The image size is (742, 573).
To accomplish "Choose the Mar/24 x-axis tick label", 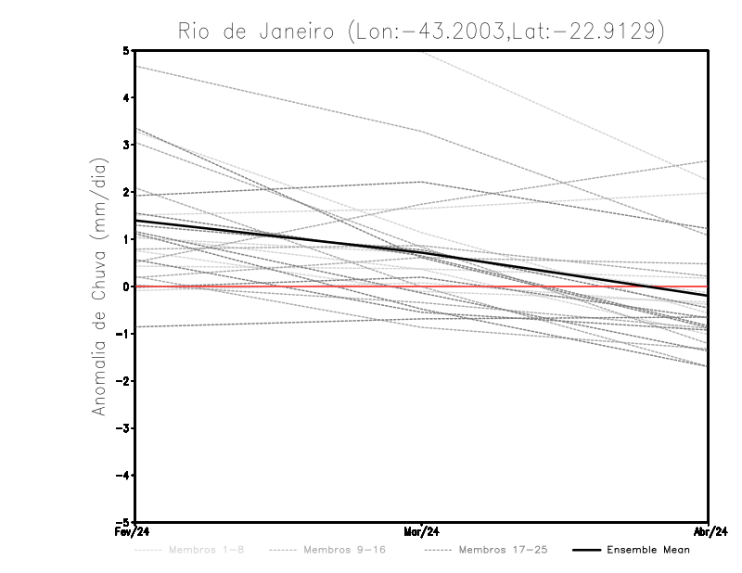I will point(421,532).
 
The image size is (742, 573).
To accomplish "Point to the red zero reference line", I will point(278,286).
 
